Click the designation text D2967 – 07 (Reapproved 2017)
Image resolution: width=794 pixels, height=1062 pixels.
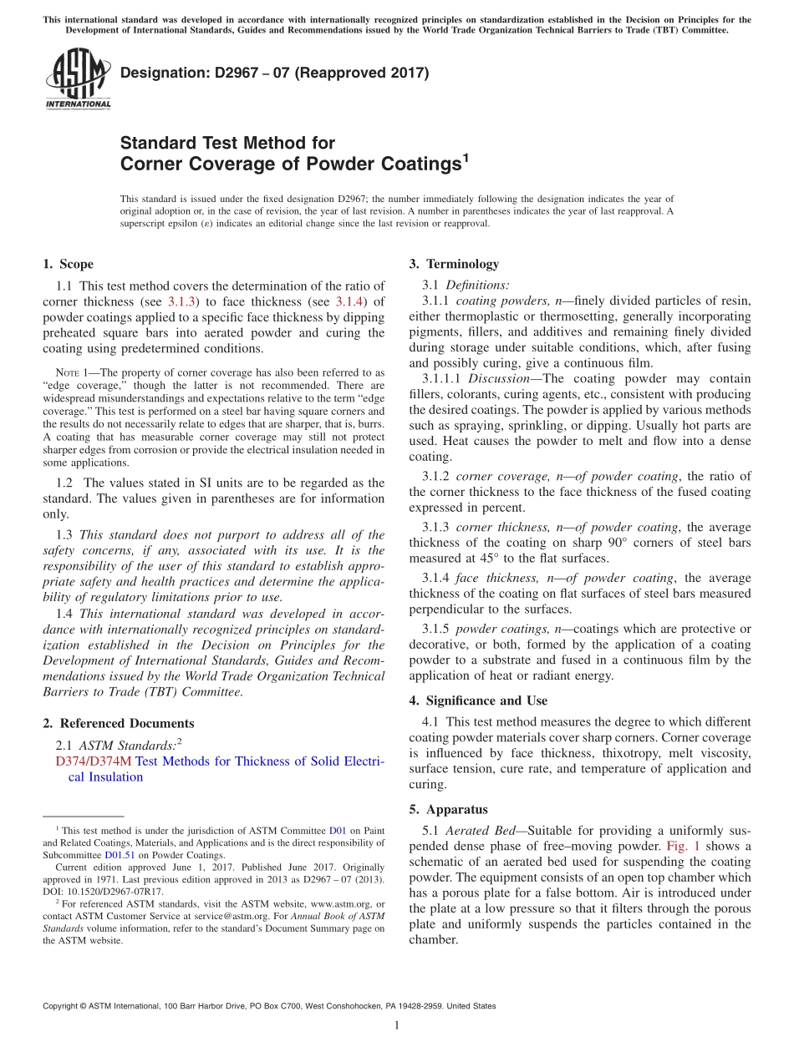pos(274,73)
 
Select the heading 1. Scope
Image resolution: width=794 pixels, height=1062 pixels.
pos(68,265)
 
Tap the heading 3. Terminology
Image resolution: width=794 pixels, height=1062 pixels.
pos(454,265)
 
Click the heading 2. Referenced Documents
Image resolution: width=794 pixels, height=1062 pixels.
pos(118,724)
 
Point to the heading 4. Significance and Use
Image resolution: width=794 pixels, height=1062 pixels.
pos(478,701)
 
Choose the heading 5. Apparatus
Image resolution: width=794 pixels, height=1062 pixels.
pos(448,810)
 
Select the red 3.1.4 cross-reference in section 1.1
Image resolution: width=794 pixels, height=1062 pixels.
pos(349,301)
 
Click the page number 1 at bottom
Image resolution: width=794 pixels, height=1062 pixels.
pos(397,1026)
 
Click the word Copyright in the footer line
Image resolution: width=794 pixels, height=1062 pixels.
pos(64,1006)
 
